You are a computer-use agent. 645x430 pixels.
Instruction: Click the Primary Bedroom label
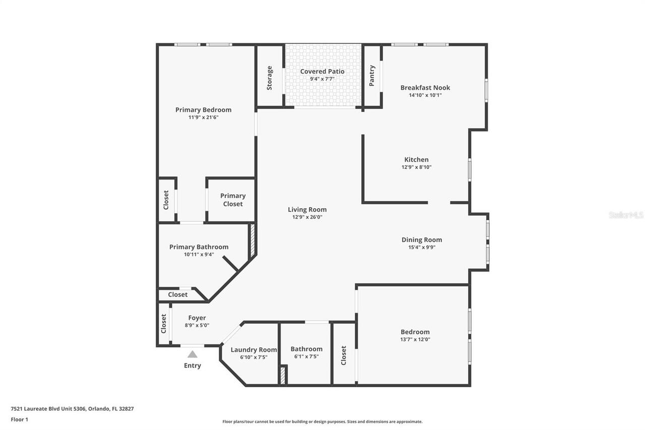(203, 110)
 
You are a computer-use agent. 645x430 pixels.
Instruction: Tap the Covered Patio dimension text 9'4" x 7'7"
(322, 79)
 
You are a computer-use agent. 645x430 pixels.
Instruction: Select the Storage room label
(270, 78)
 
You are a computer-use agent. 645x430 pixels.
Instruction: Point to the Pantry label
(372, 76)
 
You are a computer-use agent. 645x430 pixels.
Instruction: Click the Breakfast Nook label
(425, 88)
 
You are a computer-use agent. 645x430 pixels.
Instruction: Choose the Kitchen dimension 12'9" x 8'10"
(416, 167)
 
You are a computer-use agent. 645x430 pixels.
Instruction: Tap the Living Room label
(307, 210)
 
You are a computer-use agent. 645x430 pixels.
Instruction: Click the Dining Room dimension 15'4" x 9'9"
(421, 248)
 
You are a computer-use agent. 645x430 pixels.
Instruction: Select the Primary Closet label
(232, 200)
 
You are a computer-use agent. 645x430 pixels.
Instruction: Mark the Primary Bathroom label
(199, 247)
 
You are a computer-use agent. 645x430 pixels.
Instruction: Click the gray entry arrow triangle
(192, 354)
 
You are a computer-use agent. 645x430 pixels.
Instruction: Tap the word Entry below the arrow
(192, 365)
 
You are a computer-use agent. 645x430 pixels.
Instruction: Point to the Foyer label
(197, 318)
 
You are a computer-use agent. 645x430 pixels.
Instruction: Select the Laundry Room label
(253, 350)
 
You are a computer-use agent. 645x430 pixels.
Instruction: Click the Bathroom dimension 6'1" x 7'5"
(306, 357)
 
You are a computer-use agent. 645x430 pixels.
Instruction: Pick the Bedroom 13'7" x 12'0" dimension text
(415, 340)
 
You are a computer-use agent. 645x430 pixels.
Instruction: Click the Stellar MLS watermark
(626, 215)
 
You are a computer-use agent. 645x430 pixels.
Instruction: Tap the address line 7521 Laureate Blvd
(72, 409)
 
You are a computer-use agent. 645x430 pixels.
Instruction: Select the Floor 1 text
(19, 419)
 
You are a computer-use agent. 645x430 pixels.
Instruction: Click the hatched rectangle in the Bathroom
(283, 375)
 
